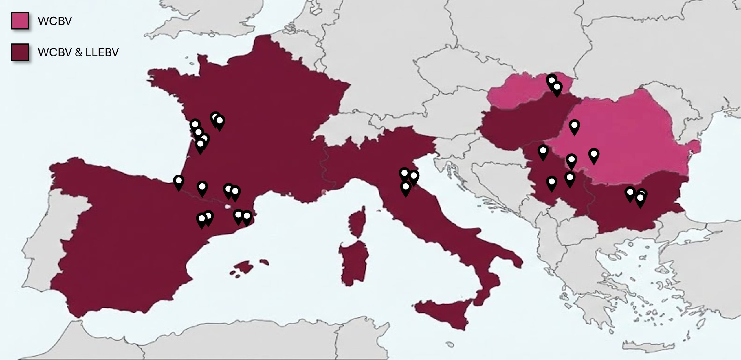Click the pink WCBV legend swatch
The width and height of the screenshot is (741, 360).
(x=20, y=21)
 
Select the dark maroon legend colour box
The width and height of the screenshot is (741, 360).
(x=20, y=52)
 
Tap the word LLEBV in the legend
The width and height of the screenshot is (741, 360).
(x=102, y=52)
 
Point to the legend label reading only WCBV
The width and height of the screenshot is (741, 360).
(x=55, y=21)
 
